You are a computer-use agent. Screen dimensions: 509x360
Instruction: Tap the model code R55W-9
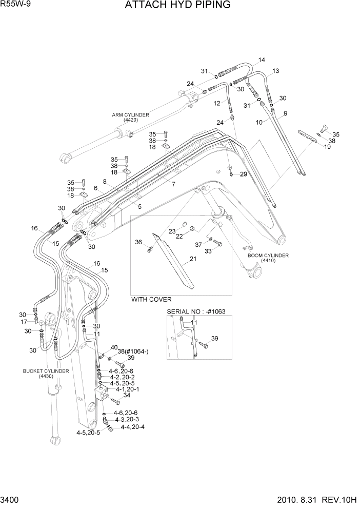click(x=15, y=5)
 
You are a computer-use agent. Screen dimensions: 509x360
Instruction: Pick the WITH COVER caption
click(x=151, y=299)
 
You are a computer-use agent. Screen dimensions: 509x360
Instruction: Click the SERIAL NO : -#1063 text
click(x=196, y=311)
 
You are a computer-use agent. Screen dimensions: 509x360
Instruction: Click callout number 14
click(x=262, y=61)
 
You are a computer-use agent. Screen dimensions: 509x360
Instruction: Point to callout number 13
click(x=275, y=71)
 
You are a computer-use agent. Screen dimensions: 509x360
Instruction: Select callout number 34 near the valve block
click(x=127, y=395)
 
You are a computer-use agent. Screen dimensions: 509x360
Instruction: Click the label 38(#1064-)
click(x=133, y=351)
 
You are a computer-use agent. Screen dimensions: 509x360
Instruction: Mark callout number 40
click(x=114, y=347)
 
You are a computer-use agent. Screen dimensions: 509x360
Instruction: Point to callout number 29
click(x=243, y=174)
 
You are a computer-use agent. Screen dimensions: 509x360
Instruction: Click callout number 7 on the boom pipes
click(x=173, y=184)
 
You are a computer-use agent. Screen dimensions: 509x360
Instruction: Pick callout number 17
click(x=24, y=322)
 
